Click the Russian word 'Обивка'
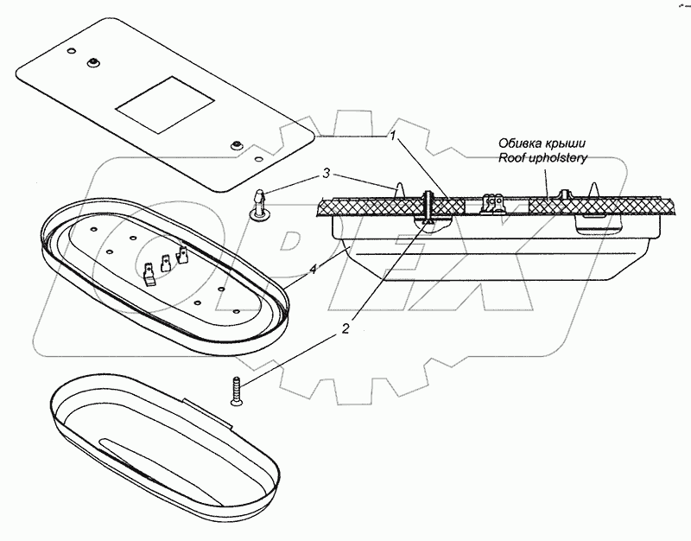tap(518, 143)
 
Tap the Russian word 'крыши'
tap(566, 143)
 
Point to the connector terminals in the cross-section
tap(492, 202)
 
